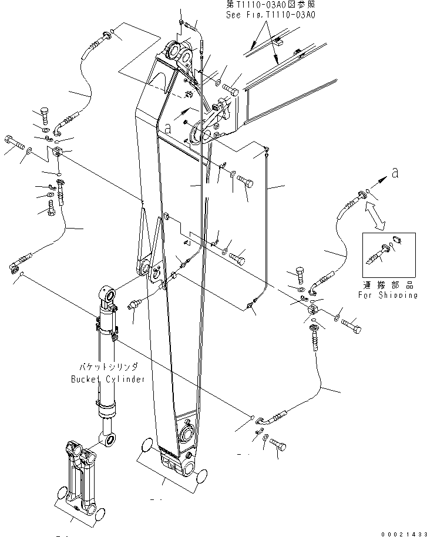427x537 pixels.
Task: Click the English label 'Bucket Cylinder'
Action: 107,380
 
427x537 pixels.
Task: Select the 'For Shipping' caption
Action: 388,295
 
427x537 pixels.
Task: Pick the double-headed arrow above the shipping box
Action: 374,215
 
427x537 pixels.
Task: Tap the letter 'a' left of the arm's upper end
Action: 169,127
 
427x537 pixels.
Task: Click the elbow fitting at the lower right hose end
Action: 267,419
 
